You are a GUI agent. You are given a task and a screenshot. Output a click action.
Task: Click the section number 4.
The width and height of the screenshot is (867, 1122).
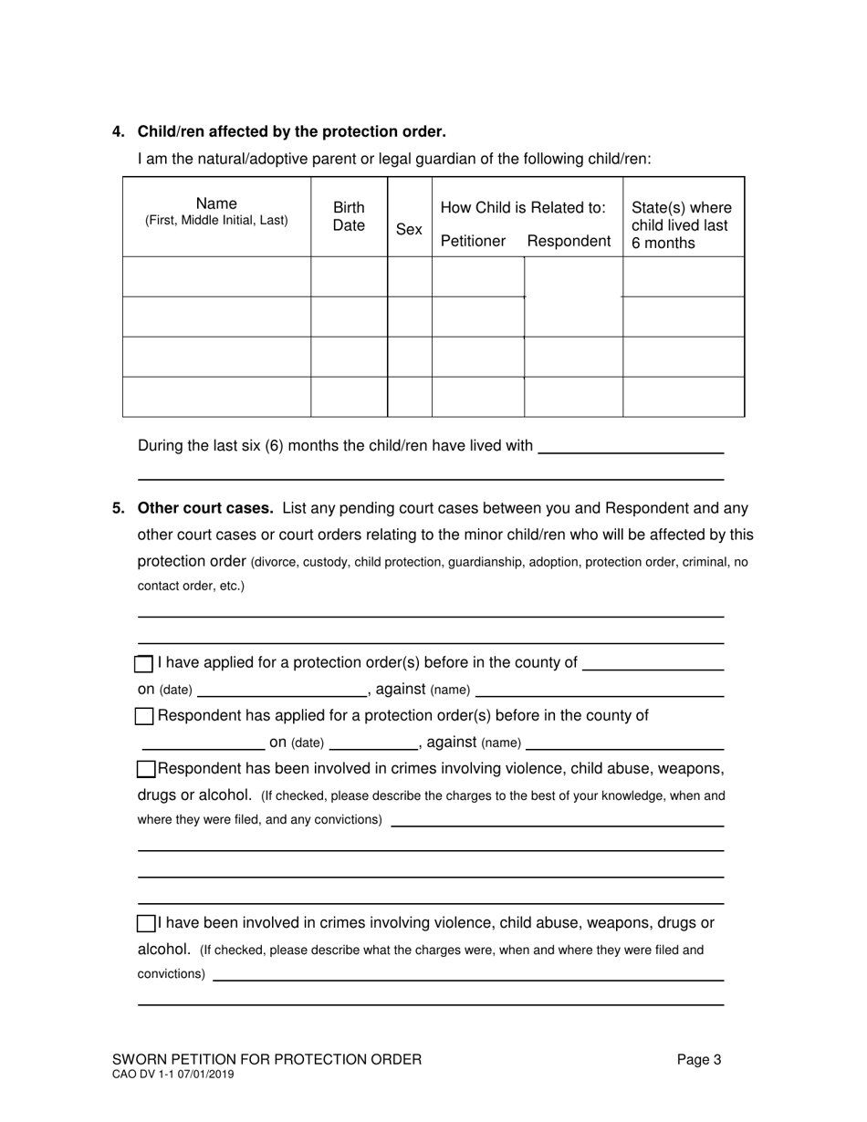pyautogui.click(x=118, y=131)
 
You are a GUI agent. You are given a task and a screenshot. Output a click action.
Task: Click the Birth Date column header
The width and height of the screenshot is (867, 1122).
pyautogui.click(x=349, y=216)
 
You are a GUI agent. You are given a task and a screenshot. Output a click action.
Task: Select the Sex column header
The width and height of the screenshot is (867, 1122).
pyautogui.click(x=409, y=229)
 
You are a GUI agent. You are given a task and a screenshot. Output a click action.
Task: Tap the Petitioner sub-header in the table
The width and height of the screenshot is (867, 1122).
pyautogui.click(x=473, y=241)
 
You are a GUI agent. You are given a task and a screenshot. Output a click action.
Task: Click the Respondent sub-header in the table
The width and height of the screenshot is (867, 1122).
pyautogui.click(x=569, y=241)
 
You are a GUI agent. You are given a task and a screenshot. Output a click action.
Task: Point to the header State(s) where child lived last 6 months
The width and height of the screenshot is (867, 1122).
pyautogui.click(x=681, y=225)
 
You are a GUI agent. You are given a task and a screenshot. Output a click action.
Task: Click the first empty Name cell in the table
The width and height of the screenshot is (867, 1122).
pyautogui.click(x=216, y=276)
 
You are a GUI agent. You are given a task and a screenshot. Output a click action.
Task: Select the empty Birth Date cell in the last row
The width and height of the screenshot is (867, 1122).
pyautogui.click(x=349, y=397)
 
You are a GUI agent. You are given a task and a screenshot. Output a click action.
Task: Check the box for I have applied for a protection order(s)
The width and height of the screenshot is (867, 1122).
pyautogui.click(x=144, y=663)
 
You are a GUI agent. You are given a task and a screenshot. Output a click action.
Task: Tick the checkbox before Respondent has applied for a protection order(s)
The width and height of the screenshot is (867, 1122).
pyautogui.click(x=144, y=716)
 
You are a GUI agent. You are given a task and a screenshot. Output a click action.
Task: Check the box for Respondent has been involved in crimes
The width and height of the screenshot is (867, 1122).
pyautogui.click(x=146, y=768)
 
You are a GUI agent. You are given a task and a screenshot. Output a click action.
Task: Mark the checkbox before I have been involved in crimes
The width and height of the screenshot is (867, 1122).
pyautogui.click(x=146, y=923)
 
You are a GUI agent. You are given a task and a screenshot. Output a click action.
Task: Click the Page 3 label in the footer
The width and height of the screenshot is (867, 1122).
pyautogui.click(x=699, y=1059)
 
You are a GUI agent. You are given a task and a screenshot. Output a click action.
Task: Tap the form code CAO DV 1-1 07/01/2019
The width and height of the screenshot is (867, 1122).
pyautogui.click(x=172, y=1075)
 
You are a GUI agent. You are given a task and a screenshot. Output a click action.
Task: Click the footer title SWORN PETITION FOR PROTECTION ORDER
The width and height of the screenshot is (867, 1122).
pyautogui.click(x=266, y=1059)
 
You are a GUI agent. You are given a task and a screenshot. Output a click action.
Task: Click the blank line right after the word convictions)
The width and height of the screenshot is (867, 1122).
pyautogui.click(x=467, y=975)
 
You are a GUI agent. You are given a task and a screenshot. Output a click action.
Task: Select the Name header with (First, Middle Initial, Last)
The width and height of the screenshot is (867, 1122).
pyautogui.click(x=216, y=212)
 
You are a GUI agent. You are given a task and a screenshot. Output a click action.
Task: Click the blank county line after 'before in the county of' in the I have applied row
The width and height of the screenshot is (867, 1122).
pyautogui.click(x=653, y=664)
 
